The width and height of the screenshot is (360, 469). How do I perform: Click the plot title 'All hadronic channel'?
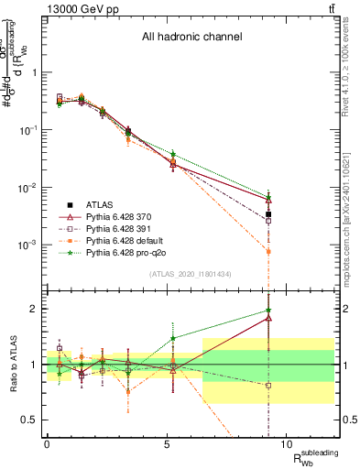click(191, 38)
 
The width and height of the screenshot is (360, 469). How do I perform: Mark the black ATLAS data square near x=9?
click(268, 214)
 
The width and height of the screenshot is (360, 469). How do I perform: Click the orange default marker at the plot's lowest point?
click(268, 251)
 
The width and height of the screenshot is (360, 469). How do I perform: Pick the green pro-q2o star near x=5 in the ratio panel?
click(173, 338)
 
